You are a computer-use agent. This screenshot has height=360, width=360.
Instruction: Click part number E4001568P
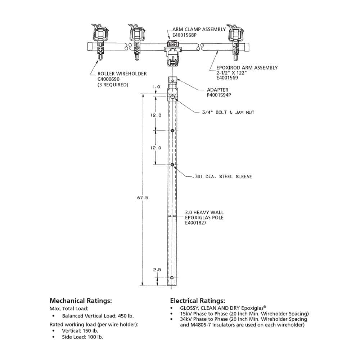184,35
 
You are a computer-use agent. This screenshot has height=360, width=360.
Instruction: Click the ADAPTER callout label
218,90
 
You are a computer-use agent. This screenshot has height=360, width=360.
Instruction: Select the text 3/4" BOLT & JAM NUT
228,113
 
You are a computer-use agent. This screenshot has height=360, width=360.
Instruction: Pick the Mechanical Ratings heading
81,301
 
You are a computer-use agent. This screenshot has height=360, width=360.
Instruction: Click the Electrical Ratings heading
198,301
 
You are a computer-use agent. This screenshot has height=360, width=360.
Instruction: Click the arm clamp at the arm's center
172,52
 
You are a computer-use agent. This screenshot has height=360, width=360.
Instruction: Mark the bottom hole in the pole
172,278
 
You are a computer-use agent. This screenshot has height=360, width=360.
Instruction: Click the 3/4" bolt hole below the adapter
173,97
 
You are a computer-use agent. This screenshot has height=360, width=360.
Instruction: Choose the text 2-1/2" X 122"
230,72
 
